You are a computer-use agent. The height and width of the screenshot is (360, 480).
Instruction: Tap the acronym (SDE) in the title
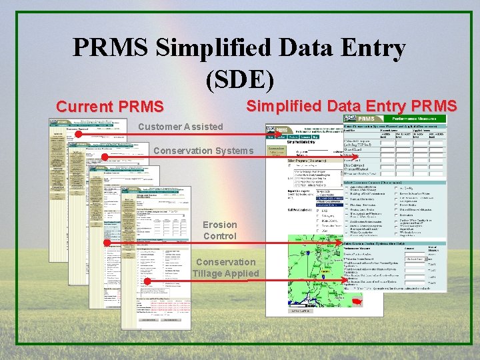240,78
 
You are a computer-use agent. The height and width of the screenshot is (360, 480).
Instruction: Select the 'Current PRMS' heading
109,107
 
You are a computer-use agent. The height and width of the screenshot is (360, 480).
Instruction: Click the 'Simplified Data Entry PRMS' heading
351,106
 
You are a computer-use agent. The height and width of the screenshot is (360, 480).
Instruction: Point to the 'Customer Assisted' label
180,127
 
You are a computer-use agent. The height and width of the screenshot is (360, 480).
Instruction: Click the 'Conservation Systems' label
203,150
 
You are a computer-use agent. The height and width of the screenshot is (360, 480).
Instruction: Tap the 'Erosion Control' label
219,230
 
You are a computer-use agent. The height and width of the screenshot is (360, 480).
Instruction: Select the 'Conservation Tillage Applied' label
225,267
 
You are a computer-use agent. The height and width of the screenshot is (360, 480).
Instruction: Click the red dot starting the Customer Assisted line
78,134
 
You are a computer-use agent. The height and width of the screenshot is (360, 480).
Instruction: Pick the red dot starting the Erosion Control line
106,243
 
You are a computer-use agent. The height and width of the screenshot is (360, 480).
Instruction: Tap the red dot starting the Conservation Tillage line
147,282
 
